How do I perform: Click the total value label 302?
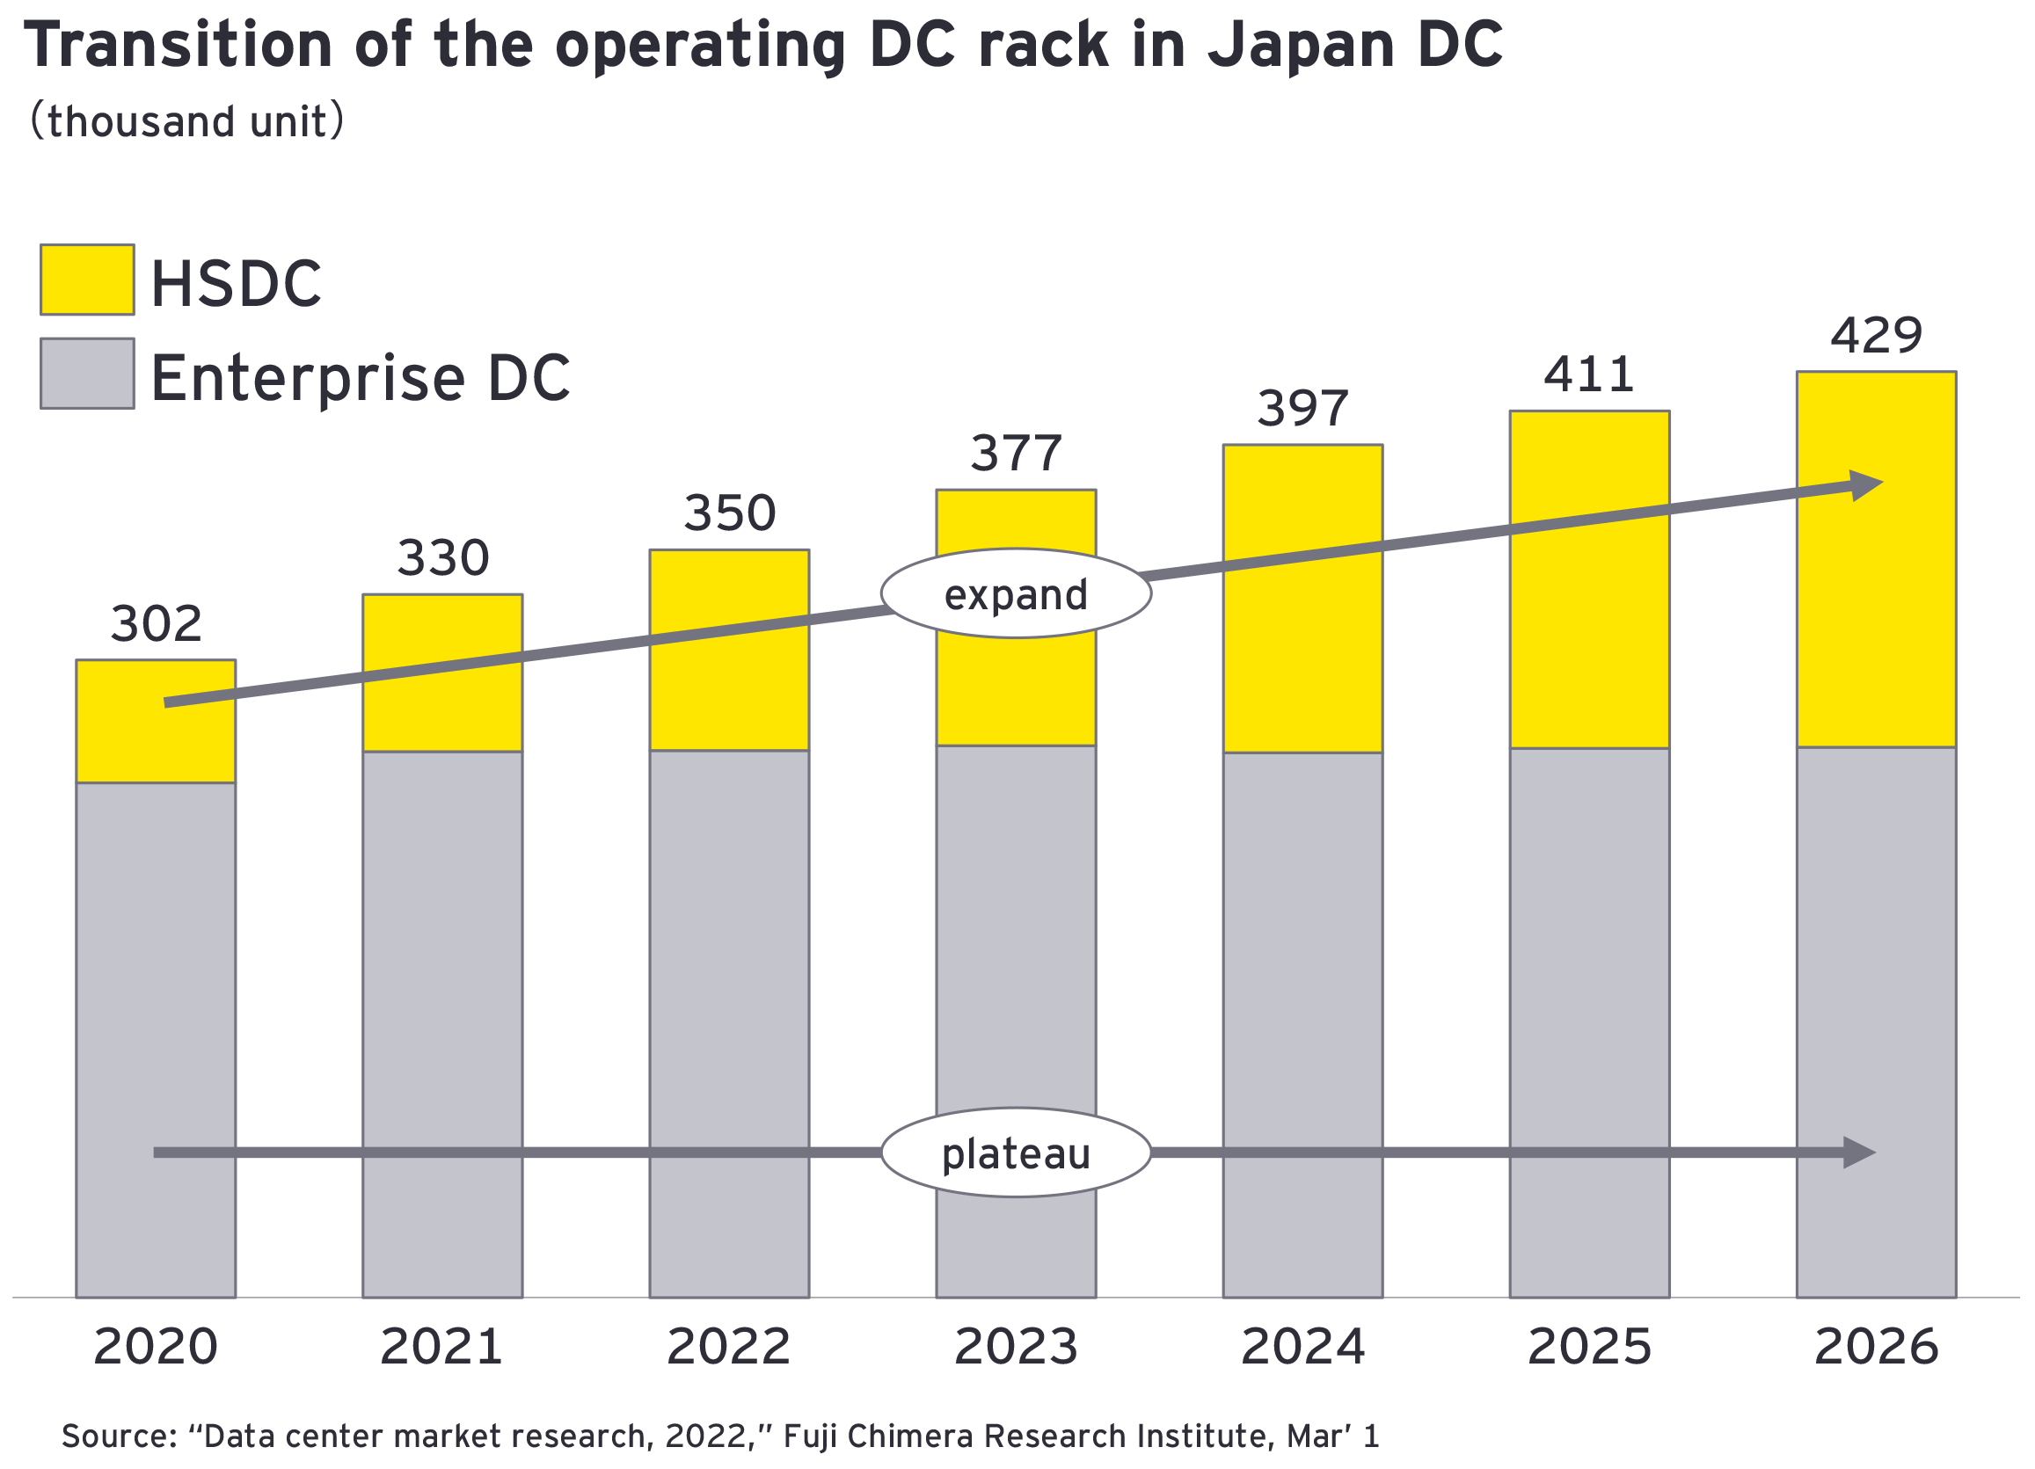[x=157, y=624]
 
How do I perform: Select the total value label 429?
[x=1876, y=336]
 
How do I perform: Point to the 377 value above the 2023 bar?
[x=1016, y=454]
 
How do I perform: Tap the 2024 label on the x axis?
[x=1302, y=1347]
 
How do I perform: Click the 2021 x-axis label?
[x=441, y=1347]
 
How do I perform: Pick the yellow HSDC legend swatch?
[x=87, y=280]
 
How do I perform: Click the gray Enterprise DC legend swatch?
[x=87, y=373]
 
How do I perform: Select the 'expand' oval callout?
[x=1016, y=593]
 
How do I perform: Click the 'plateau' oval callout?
[x=1016, y=1153]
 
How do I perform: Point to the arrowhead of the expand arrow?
[x=1868, y=485]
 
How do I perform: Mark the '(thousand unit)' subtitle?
[x=186, y=121]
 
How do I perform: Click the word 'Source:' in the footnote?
[x=120, y=1436]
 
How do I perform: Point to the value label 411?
[x=1589, y=375]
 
